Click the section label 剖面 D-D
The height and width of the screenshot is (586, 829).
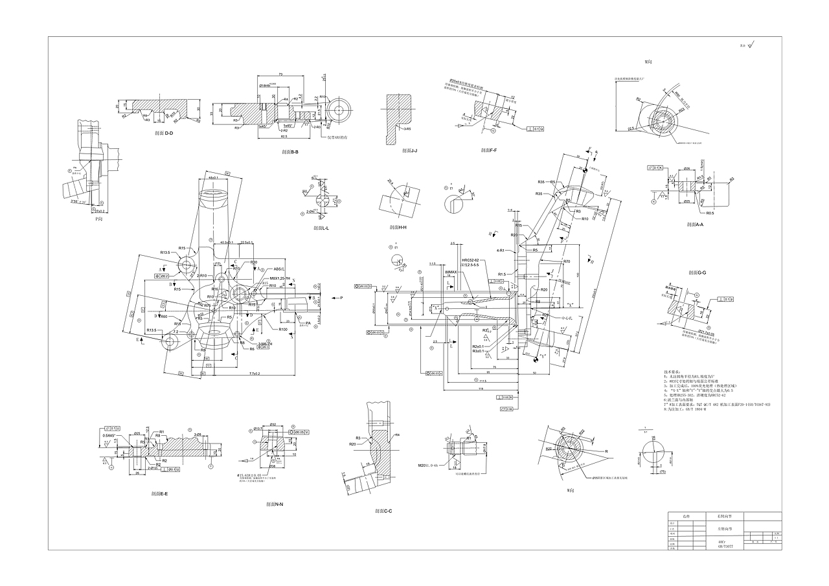164,133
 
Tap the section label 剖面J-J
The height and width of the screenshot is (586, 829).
409,150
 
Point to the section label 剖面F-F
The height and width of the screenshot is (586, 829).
489,150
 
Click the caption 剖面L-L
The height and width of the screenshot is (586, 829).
321,228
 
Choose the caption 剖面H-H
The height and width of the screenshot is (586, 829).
398,227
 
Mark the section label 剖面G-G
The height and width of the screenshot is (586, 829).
698,273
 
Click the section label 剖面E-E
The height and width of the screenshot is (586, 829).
159,493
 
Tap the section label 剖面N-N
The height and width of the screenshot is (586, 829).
274,504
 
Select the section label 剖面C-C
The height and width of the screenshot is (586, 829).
383,511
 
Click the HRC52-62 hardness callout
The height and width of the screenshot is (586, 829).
470,260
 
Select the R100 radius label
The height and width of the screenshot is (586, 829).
283,330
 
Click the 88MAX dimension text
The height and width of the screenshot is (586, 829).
451,273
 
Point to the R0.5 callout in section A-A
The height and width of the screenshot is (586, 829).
710,212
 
